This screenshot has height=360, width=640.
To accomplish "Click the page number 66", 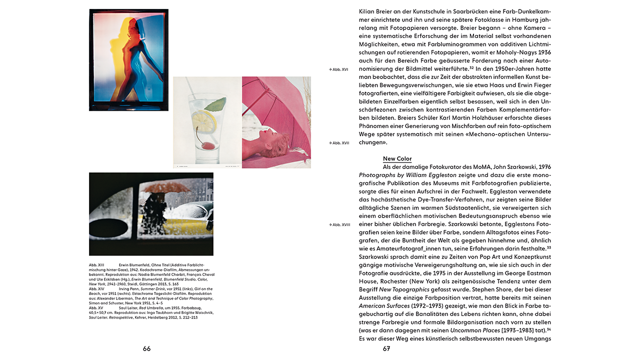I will [x=146, y=349].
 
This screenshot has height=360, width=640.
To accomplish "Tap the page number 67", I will [x=386, y=349].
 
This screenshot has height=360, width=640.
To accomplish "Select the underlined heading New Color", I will [x=397, y=158].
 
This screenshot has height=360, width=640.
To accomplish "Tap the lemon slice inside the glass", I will [x=203, y=120].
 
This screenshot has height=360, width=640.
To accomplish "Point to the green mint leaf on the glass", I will [x=215, y=104].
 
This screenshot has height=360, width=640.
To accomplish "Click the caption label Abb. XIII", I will [x=96, y=264].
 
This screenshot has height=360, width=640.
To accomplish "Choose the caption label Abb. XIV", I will [x=96, y=289].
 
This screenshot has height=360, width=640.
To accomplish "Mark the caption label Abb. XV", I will [x=96, y=308].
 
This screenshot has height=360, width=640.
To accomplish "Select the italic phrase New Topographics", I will [x=404, y=289].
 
